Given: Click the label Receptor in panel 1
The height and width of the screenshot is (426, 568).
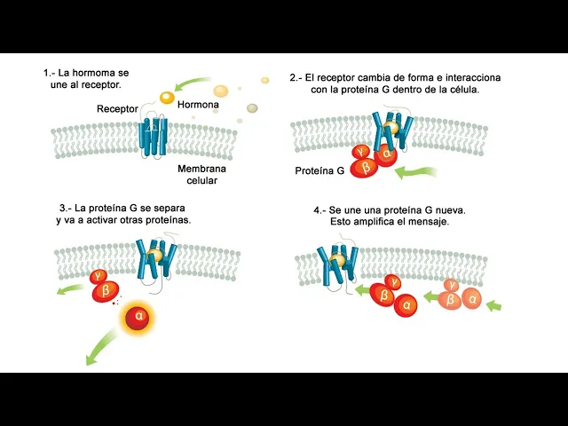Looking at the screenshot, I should pos(117,109).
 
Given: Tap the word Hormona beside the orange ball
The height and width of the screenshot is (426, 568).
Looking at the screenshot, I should pos(199,105).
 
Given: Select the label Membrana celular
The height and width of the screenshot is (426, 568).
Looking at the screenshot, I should pos(201,174).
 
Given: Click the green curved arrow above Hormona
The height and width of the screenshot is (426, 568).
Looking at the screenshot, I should pos(193,85).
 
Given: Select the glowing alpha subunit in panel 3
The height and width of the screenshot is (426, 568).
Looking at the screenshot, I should pos(138,315).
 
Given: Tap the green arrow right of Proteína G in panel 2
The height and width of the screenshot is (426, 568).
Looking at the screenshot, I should pos(418,173).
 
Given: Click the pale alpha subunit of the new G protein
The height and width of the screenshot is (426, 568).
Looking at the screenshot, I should pos(471,300).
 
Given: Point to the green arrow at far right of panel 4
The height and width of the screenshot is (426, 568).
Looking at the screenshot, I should pos(494,306).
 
